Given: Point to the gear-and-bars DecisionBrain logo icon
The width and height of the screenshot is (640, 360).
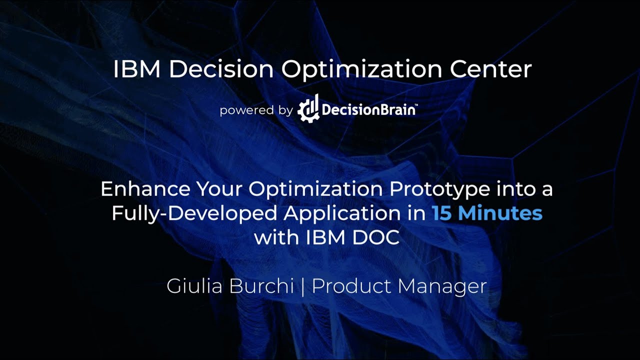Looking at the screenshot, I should [308, 108].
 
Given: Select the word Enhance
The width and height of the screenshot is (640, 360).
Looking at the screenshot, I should [145, 189].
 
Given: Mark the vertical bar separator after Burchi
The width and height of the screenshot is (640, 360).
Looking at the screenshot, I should [303, 286].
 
